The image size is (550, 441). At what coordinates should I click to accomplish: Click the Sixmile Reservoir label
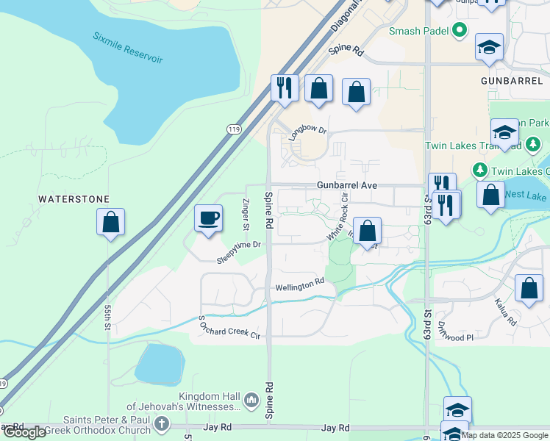[128, 47]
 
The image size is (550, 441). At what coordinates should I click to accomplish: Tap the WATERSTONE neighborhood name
[74, 199]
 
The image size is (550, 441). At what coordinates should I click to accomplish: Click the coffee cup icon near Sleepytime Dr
[208, 218]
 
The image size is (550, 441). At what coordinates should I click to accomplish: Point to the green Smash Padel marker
[460, 30]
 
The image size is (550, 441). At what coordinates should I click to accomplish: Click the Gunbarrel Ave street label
[347, 186]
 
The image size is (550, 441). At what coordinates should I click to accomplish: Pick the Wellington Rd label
[299, 284]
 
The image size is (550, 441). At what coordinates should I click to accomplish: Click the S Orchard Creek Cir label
[229, 328]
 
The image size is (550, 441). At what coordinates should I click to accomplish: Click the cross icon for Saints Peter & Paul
[161, 424]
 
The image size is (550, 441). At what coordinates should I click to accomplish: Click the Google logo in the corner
[24, 432]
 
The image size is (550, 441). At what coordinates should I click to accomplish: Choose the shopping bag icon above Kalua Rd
[529, 289]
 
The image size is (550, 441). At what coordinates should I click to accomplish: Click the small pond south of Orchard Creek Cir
[159, 364]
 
